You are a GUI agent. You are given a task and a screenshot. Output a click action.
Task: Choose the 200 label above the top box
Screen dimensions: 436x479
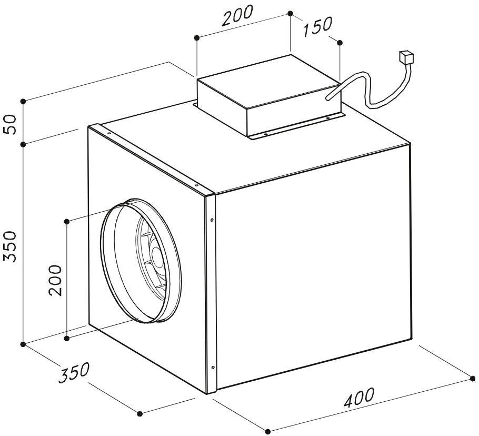[x=237, y=16]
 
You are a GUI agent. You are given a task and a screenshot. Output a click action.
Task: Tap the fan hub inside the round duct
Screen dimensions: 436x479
[x=156, y=257]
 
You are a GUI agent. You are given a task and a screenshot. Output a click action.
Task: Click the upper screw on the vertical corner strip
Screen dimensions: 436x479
[x=212, y=220]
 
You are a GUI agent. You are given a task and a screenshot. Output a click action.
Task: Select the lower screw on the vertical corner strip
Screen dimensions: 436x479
[x=212, y=367]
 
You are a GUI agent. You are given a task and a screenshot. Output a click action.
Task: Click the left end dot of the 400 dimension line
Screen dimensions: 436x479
[x=267, y=431]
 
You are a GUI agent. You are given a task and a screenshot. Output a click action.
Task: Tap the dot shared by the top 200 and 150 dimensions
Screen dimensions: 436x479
[x=291, y=13]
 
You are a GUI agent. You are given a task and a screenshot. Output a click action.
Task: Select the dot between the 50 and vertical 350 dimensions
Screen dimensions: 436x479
[x=24, y=144]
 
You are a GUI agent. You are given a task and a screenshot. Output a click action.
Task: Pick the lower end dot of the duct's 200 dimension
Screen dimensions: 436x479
[x=67, y=338]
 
